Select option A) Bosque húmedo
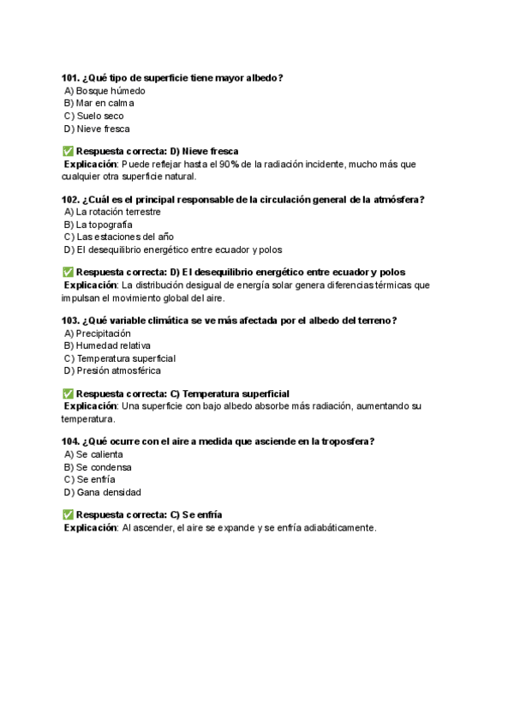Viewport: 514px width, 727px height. (105, 91)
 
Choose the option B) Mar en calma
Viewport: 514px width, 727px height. (99, 104)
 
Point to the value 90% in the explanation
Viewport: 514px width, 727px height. (229, 164)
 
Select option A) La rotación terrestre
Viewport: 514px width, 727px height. (112, 212)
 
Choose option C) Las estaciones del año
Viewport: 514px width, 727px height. (118, 237)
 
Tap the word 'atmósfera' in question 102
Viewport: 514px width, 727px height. (397, 200)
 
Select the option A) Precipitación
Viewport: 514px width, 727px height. (97, 333)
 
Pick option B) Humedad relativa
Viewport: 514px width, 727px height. (107, 345)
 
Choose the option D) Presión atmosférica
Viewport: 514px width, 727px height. (112, 371)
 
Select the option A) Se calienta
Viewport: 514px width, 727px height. (93, 454)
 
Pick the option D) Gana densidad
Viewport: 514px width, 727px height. (102, 493)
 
